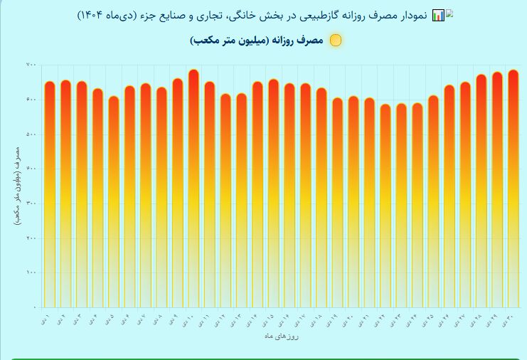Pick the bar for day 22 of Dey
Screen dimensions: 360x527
385,206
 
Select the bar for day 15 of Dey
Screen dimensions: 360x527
273,193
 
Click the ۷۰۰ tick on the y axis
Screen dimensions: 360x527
31,65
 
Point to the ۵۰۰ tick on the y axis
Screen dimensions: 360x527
31,134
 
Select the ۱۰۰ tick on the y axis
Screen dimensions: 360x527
31,272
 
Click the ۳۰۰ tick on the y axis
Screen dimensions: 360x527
31,203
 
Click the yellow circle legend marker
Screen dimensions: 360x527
336,41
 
